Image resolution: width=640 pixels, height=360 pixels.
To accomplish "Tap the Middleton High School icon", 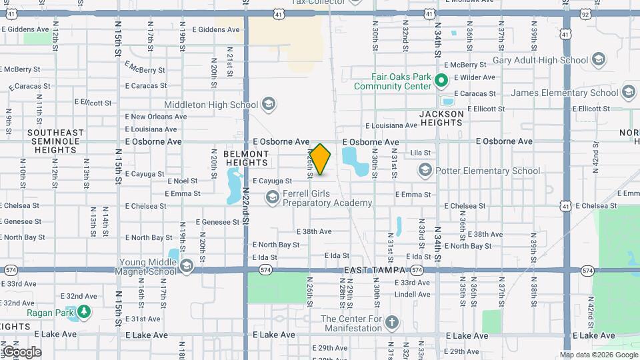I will pos(268,105).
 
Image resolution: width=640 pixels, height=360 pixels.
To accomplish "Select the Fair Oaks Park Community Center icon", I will pos(441,81).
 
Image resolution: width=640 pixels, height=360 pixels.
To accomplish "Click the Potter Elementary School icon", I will pos(425,171).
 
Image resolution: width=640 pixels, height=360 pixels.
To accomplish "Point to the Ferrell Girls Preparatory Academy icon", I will pos(272,197).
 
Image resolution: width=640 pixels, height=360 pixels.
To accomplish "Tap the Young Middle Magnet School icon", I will pos(186,267).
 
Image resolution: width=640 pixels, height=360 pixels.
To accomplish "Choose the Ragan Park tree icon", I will pos(84,311).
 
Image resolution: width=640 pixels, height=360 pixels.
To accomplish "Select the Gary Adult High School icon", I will pos(597,61).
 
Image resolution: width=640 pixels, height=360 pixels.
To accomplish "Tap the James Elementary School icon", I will pos(629,93).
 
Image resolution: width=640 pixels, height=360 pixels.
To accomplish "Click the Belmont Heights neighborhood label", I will pos(246,158).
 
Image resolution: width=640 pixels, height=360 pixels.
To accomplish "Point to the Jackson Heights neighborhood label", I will pos(441,119).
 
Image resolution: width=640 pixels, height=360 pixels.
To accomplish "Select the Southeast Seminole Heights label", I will pos(56,141).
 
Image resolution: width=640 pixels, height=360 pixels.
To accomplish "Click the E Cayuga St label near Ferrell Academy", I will pos(272,181).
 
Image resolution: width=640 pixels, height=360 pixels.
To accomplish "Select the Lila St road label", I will pos(420,153).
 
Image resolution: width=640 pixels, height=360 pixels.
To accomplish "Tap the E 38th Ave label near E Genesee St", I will pos(314,231).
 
